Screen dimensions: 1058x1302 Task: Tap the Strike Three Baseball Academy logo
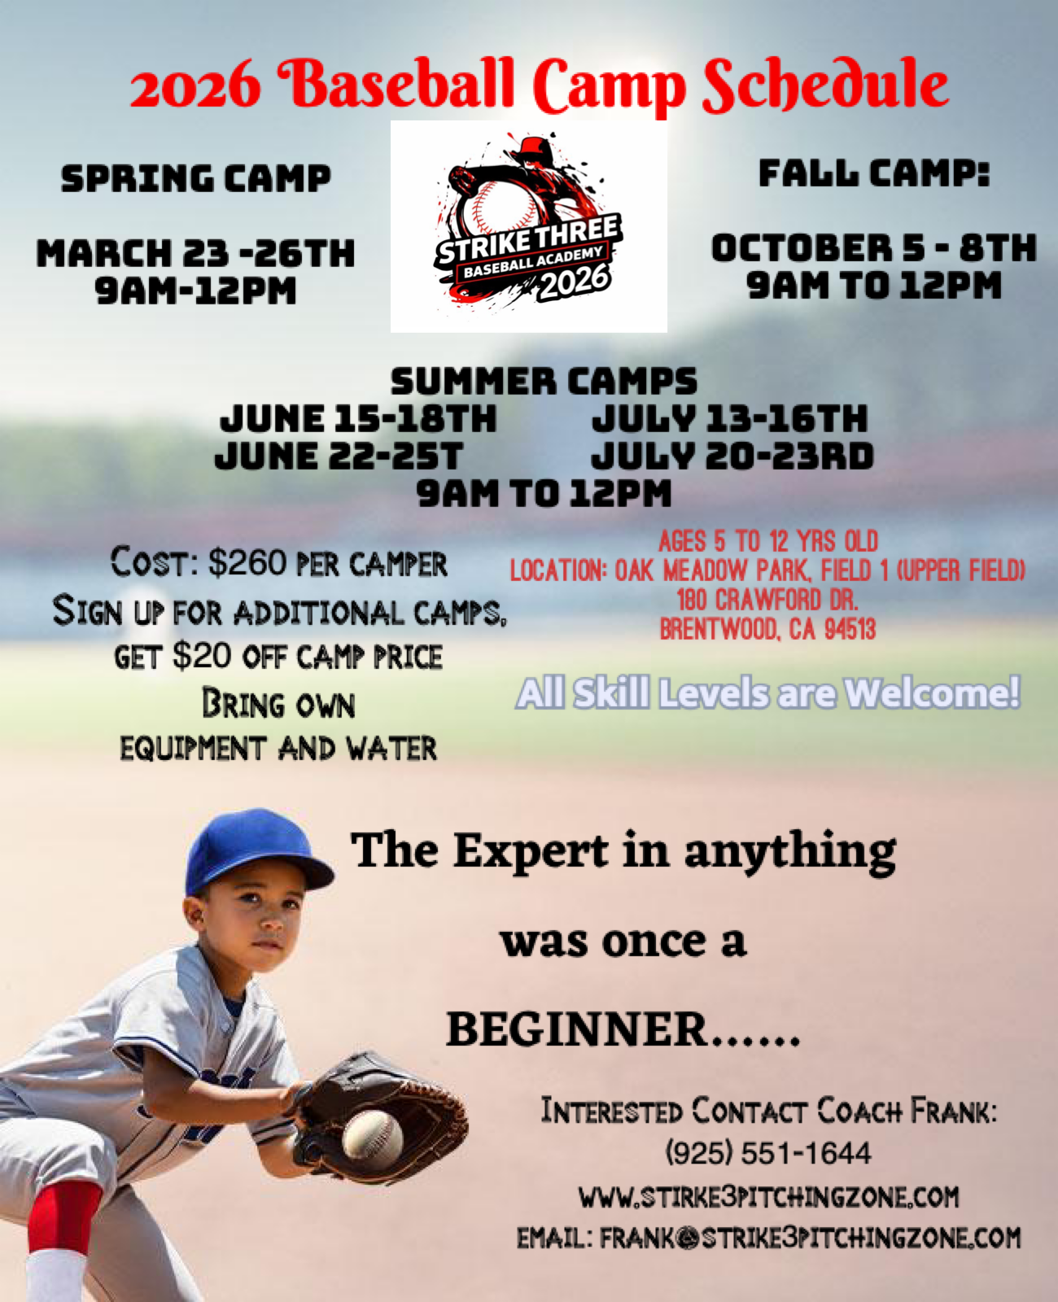(x=529, y=226)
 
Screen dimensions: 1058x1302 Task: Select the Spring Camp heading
(x=195, y=178)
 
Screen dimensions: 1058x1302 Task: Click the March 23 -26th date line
(x=195, y=253)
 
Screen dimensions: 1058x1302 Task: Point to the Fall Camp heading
(x=874, y=173)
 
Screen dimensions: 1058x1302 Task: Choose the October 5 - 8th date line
(x=874, y=248)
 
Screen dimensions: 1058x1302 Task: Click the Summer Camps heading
(x=544, y=382)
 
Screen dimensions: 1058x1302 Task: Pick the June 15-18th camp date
(x=358, y=419)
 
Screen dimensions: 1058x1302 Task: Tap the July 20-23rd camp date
(x=732, y=456)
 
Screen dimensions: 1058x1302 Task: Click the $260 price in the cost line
(x=247, y=563)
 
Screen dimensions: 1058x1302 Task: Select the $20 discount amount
(x=203, y=656)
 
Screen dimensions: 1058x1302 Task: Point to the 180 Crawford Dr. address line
(x=767, y=600)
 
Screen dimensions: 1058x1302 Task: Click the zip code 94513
(x=850, y=629)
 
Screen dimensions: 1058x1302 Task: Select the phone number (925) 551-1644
(x=768, y=1153)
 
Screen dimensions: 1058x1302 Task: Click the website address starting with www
(x=769, y=1196)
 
